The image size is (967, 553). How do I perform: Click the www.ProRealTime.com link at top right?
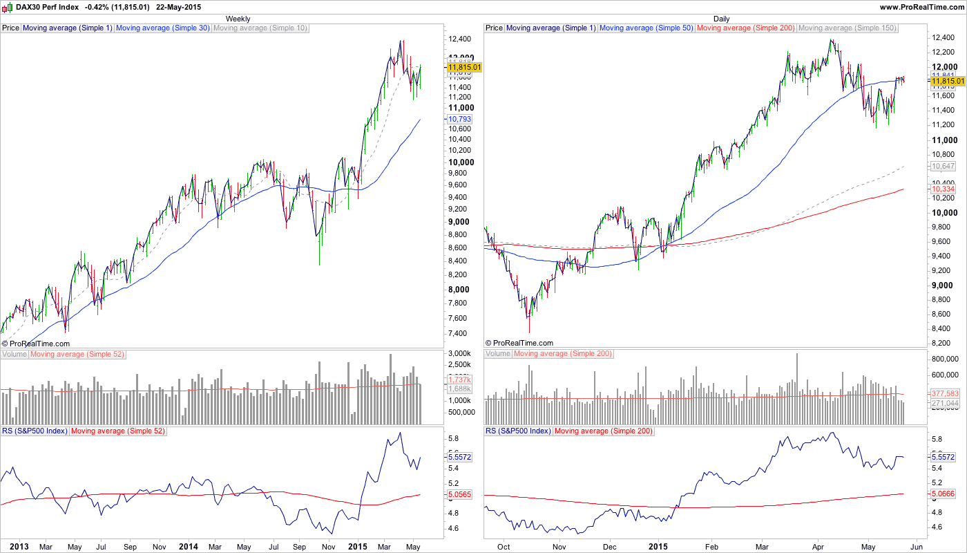[x=921, y=6]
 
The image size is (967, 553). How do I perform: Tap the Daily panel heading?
[x=721, y=19]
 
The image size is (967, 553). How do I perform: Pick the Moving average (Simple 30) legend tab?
[x=162, y=28]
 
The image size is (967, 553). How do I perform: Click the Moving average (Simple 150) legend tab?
[x=847, y=28]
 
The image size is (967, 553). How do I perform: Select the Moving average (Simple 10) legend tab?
[x=260, y=28]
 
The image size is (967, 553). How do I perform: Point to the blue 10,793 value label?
[x=461, y=119]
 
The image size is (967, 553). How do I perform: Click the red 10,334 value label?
[x=943, y=189]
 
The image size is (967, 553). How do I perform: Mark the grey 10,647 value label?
[x=943, y=167]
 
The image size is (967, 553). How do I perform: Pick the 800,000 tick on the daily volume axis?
[x=945, y=359]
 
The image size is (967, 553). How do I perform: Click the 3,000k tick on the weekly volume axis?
[x=459, y=354]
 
